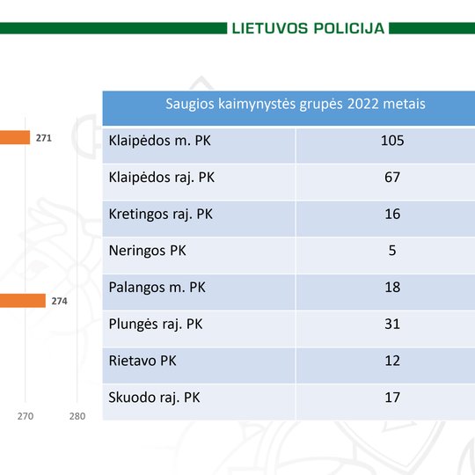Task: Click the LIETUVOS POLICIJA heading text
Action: (308, 28)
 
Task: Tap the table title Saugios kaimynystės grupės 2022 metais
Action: (296, 104)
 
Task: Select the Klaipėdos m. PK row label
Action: (159, 141)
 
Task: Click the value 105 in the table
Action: (392, 141)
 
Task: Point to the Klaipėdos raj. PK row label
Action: (162, 178)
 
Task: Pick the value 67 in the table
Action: (392, 177)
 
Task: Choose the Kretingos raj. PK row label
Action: (161, 214)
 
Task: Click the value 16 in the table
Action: (392, 214)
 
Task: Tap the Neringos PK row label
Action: (147, 251)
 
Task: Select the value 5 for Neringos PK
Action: (392, 251)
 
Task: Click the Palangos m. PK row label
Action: (157, 288)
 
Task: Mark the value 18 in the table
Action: (392, 287)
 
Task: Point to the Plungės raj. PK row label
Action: (156, 324)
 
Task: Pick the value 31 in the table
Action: (392, 324)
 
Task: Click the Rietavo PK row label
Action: (142, 361)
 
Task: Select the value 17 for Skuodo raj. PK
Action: (392, 397)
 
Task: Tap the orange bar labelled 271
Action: (15, 137)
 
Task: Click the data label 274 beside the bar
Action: (59, 301)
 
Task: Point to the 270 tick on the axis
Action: (26, 416)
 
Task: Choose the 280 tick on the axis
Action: (77, 416)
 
